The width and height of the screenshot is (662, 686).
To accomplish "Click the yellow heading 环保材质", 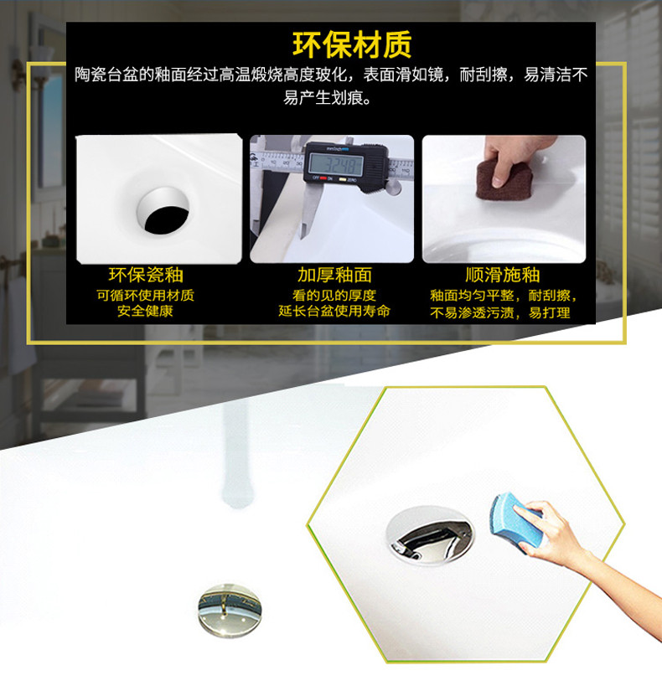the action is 352,44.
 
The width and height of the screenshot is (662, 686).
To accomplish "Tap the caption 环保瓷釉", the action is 146,276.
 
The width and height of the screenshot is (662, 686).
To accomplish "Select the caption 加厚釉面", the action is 334,276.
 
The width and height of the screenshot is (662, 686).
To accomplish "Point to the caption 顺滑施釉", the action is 503,276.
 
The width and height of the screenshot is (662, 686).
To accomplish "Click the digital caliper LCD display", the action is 335,164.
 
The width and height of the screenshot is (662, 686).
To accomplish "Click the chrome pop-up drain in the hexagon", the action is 430,535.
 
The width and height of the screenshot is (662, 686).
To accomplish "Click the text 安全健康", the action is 145,311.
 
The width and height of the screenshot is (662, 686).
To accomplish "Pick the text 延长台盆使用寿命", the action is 334,311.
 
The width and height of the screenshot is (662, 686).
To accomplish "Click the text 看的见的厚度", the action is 334,296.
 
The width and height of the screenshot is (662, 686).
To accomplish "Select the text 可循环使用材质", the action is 145,296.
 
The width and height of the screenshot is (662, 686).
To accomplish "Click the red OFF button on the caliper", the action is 323,178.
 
